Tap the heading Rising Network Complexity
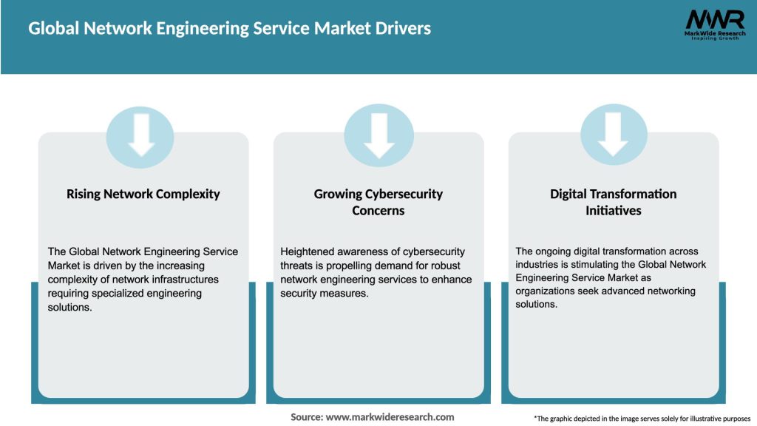pyautogui.click(x=143, y=195)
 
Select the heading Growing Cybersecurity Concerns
pyautogui.click(x=378, y=202)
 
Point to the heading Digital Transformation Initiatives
pyautogui.click(x=613, y=202)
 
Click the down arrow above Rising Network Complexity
pyautogui.click(x=140, y=134)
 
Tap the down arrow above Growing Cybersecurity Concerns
pyautogui.click(x=378, y=134)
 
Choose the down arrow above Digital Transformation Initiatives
pyautogui.click(x=614, y=134)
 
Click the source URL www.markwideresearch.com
pyautogui.click(x=390, y=417)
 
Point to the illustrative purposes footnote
pyautogui.click(x=642, y=419)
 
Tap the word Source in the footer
pyautogui.click(x=305, y=417)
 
